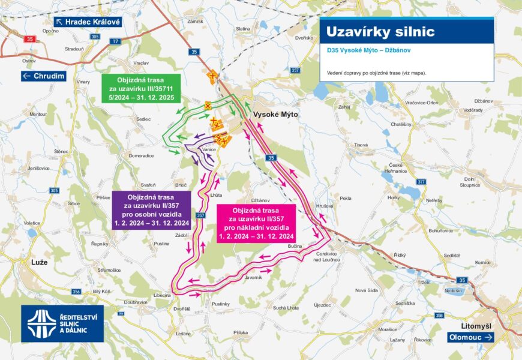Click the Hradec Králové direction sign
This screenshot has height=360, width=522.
89,22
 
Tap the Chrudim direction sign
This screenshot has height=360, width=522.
43,76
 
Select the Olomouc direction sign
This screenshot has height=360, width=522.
471,337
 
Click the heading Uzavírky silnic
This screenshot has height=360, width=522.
376,31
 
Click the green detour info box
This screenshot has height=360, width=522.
141,88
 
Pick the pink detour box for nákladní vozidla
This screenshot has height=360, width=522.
256,222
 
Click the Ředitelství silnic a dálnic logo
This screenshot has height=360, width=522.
62,323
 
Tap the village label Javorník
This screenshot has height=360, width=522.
254,277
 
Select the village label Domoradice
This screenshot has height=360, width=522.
142,155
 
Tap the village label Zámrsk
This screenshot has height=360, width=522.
195,21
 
